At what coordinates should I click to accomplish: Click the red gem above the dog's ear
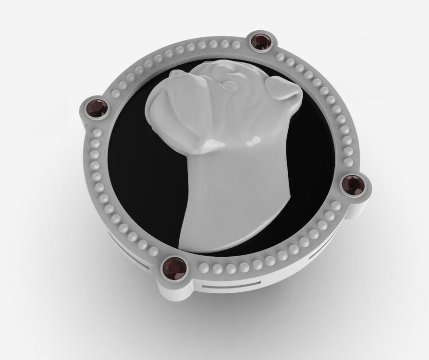point(261,43)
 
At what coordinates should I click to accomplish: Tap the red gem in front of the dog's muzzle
point(98,108)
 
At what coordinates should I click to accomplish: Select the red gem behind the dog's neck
point(355,184)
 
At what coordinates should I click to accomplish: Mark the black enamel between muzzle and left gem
point(130,120)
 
